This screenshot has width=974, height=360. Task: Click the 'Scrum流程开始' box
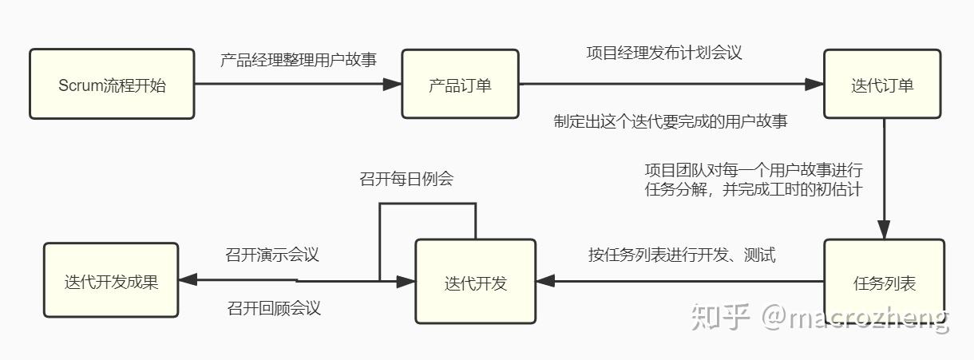point(112,85)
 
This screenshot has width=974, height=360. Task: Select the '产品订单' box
point(460,85)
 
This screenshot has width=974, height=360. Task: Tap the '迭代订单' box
point(882,85)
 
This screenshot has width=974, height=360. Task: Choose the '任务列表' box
point(884,282)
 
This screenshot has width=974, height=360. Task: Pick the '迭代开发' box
point(475,282)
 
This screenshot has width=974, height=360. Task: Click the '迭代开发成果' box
point(111,281)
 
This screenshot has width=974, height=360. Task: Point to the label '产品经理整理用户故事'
point(299,59)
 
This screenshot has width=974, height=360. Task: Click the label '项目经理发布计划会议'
point(664,53)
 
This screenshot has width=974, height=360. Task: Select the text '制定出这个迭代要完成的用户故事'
point(671,121)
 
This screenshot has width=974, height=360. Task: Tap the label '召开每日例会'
point(406,179)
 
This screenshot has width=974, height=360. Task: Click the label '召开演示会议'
point(272,255)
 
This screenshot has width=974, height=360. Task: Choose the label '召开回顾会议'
point(274,308)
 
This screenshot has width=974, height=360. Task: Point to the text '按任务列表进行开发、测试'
point(682,255)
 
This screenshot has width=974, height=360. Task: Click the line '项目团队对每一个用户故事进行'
point(753,169)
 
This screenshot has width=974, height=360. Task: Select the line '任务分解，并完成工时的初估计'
point(753,191)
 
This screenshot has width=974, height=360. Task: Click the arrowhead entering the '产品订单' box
point(392,85)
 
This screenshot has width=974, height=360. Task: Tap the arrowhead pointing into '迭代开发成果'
point(187,280)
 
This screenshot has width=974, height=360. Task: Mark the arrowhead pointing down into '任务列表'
point(884,231)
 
